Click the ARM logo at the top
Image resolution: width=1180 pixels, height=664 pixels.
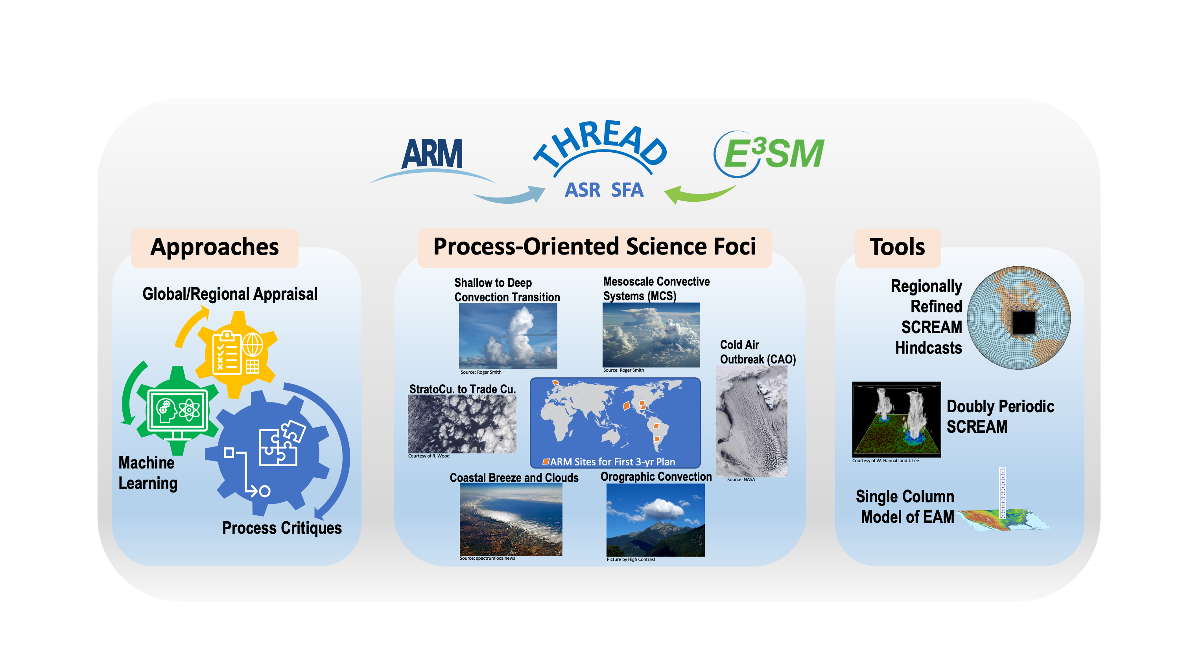(x=432, y=154)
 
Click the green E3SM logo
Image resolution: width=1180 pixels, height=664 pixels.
(x=769, y=154)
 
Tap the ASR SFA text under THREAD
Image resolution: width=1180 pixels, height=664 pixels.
(x=604, y=190)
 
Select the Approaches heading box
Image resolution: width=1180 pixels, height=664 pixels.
(x=214, y=248)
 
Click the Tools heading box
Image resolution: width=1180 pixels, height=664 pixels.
(x=897, y=248)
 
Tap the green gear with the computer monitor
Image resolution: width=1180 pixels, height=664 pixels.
(x=177, y=410)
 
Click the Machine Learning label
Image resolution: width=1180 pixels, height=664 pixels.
(x=147, y=473)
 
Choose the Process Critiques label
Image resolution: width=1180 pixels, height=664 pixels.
(x=282, y=528)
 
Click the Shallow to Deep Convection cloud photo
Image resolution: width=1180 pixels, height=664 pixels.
(x=508, y=336)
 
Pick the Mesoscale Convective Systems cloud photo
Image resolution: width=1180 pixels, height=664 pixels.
(x=651, y=334)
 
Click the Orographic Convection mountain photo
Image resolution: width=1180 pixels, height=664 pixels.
(x=656, y=520)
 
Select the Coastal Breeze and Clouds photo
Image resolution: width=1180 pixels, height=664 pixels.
(x=511, y=520)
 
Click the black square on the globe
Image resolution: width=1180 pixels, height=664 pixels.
(x=1024, y=323)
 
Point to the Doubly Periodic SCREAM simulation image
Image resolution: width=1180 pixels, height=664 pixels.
(x=896, y=419)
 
